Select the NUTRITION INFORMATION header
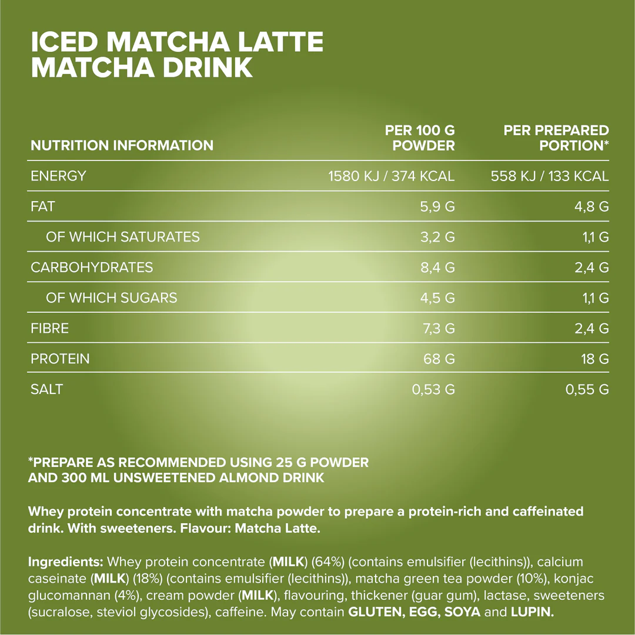tap(122, 145)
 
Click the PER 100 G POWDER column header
tap(420, 138)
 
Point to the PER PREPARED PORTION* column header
tap(556, 138)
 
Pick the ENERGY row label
tap(58, 176)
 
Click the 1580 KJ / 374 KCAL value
tap(391, 176)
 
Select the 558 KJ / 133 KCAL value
tap(550, 176)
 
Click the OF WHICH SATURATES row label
tap(122, 237)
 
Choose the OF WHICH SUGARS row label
tap(111, 298)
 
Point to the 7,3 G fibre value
tap(439, 329)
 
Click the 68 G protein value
tap(439, 359)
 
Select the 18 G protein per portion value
tap(595, 359)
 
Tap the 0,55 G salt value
tap(587, 389)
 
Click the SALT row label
tap(46, 389)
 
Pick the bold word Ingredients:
tap(66, 562)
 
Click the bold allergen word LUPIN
tap(532, 612)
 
